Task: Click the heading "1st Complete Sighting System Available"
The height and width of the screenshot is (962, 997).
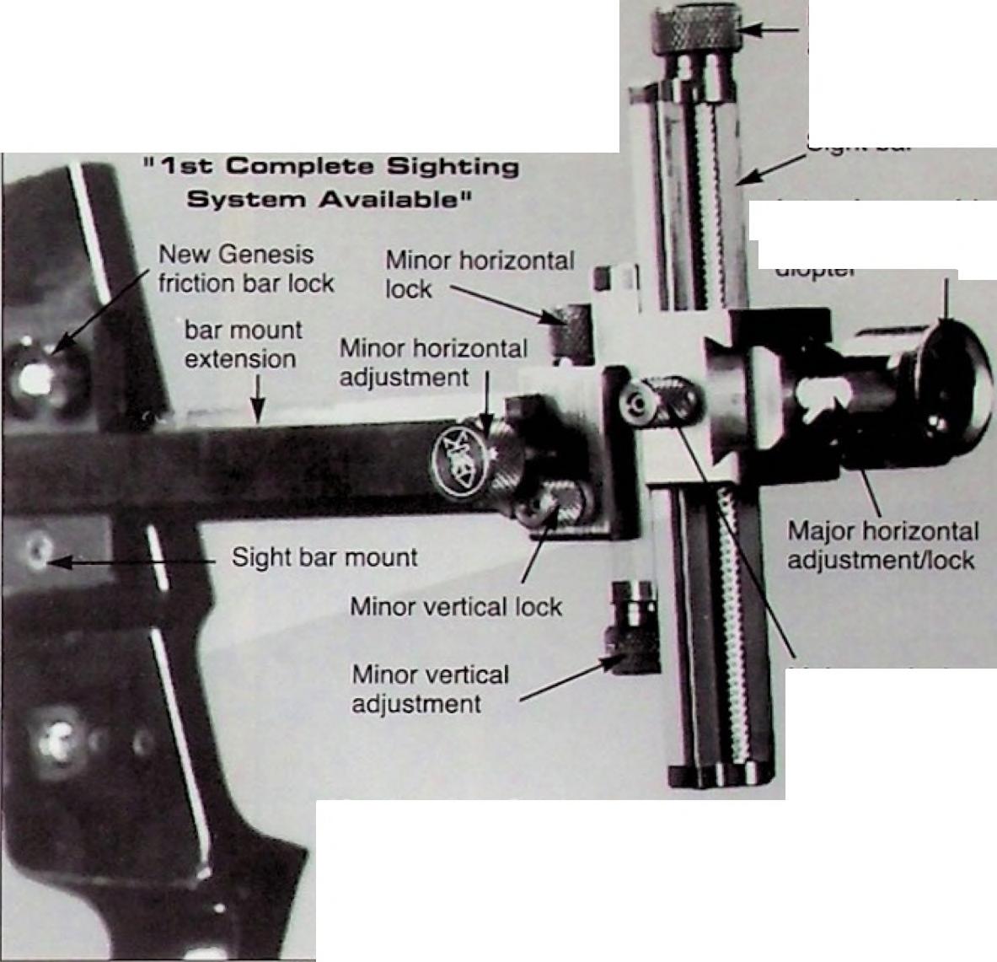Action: point(331,182)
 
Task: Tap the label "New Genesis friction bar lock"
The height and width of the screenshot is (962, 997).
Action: point(246,268)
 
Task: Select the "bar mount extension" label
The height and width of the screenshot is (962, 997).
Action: point(241,344)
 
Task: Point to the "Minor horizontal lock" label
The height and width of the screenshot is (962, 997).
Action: point(479,274)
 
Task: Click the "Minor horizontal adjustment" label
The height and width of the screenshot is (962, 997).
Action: point(433,362)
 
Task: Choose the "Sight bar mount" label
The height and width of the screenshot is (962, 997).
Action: point(324,557)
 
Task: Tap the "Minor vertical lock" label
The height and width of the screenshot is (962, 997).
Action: point(456,606)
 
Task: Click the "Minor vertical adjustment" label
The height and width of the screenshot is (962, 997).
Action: point(430,689)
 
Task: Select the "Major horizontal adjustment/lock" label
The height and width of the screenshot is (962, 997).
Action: point(882,545)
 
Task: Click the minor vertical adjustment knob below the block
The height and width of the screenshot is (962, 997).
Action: point(634,630)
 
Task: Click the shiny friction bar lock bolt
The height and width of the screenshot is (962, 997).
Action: point(38,376)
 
